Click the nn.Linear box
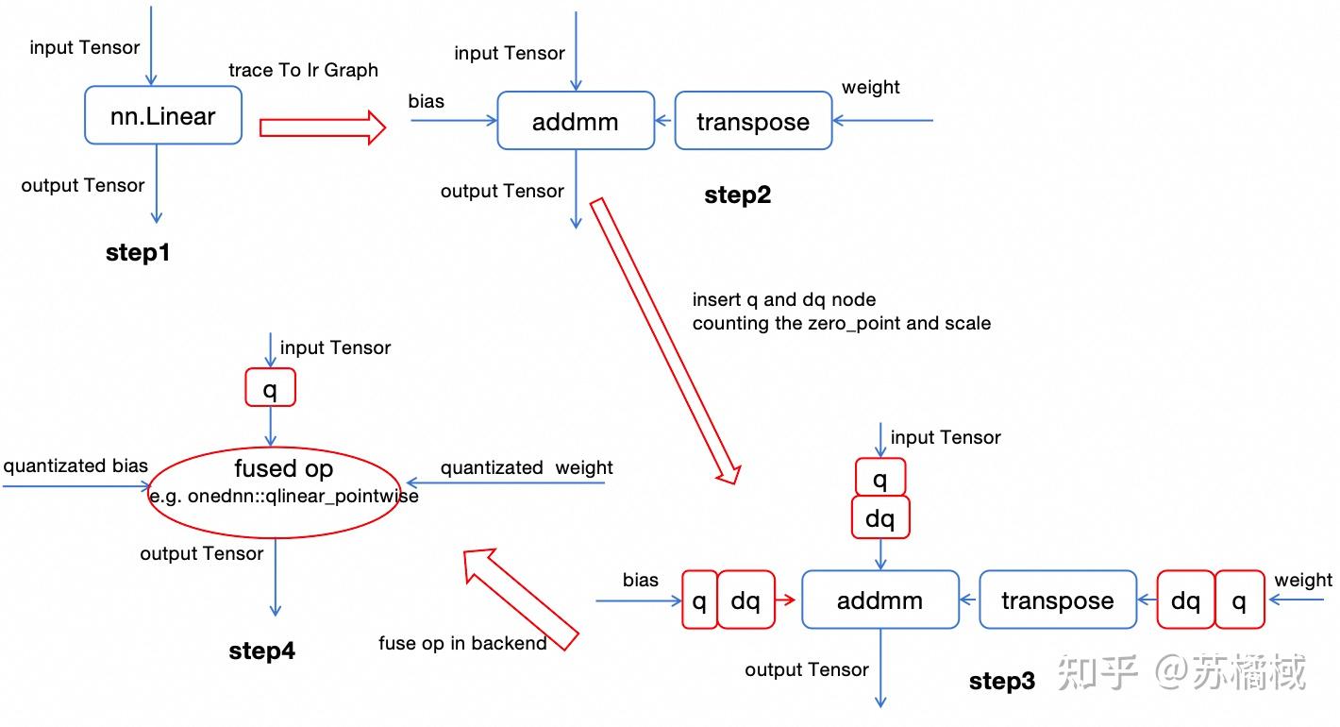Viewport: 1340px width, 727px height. [163, 116]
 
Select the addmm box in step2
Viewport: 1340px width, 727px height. [576, 121]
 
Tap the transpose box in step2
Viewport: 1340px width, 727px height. [753, 121]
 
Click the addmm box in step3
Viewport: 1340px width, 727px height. [879, 600]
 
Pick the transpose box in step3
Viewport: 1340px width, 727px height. [1057, 600]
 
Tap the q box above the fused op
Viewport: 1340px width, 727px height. [270, 387]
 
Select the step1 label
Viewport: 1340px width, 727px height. [138, 253]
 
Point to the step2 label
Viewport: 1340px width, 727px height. [737, 195]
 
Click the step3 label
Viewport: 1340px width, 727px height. [1001, 681]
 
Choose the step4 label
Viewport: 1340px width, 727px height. [261, 651]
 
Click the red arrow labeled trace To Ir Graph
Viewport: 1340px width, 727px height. [323, 126]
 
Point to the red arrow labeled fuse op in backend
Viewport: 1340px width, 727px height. [519, 600]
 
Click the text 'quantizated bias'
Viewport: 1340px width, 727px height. [75, 465]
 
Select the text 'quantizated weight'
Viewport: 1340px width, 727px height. [527, 468]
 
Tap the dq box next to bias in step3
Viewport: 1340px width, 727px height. [745, 600]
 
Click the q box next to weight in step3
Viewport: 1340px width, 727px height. [1239, 600]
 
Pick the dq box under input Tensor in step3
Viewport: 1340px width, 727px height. [880, 518]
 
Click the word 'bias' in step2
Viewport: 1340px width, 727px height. [427, 101]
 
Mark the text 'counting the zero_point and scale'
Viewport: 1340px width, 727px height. [841, 323]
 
